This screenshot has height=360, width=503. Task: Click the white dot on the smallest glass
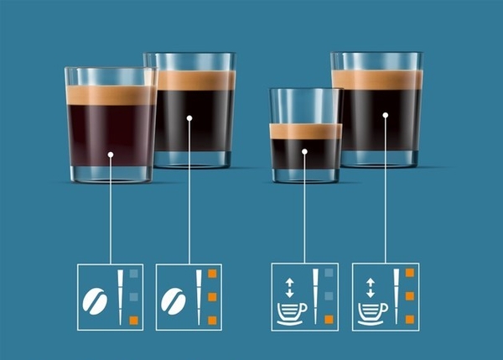[304, 152]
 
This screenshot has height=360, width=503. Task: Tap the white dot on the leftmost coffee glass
[111, 155]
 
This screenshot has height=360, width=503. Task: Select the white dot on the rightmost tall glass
[385, 114]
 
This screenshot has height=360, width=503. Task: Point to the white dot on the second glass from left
[189, 118]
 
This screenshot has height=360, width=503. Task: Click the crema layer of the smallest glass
[305, 130]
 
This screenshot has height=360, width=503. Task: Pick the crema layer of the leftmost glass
[110, 95]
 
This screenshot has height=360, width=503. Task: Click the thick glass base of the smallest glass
[305, 174]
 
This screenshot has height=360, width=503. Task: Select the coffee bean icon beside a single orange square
[96, 299]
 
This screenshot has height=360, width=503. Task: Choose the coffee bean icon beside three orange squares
[174, 299]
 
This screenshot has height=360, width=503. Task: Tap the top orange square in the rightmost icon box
[409, 274]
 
